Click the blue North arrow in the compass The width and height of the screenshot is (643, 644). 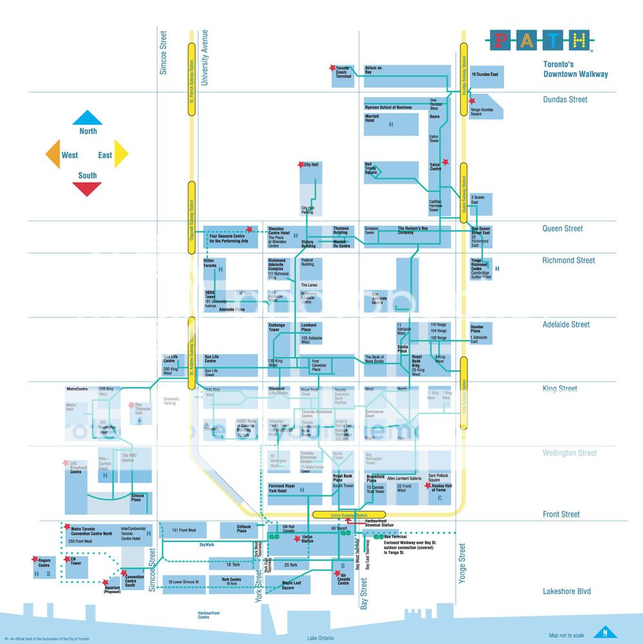coord(87,118)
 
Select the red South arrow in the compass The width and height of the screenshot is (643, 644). coord(87,188)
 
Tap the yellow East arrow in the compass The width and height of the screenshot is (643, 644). coord(121,154)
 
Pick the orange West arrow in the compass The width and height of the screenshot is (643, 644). coord(53,154)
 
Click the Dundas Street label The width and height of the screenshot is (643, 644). coord(565,100)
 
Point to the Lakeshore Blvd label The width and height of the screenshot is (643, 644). coord(566,591)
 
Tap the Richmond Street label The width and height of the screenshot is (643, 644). coord(568,260)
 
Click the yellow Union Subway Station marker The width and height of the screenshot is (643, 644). coord(349,515)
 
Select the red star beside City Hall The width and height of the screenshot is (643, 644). coord(301,165)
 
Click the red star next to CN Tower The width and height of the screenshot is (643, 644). coord(66,560)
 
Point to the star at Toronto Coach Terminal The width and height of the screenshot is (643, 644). coord(332,67)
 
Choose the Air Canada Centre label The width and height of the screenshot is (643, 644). coord(343,578)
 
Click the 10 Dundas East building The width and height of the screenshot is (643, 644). coord(485,75)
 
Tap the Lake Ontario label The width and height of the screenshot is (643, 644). coord(321,638)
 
